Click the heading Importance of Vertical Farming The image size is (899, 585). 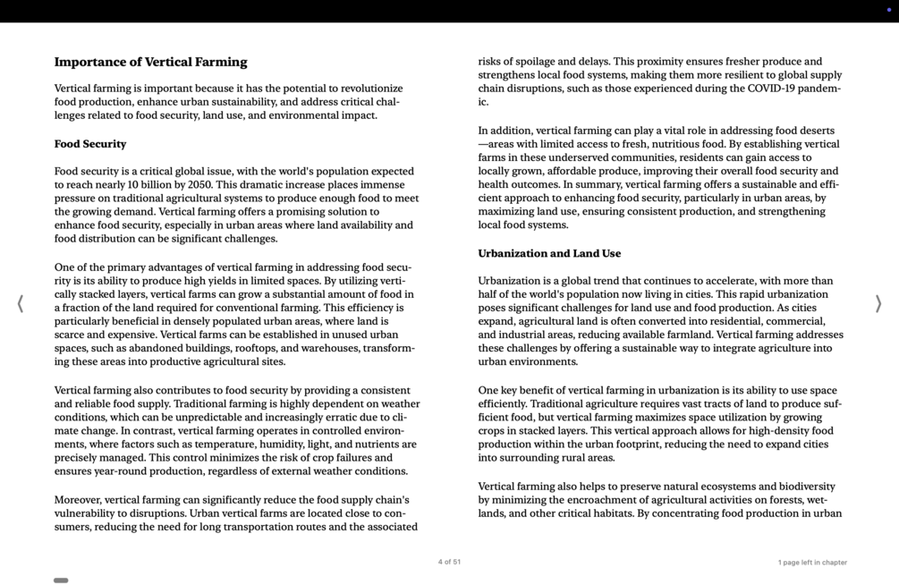click(x=150, y=63)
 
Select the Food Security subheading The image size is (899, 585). click(x=90, y=144)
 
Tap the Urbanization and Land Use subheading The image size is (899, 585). click(x=549, y=254)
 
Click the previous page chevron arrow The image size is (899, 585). click(x=20, y=304)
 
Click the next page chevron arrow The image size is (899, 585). click(x=878, y=304)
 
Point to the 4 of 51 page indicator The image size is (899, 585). click(x=449, y=563)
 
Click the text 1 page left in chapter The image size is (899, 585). click(x=812, y=563)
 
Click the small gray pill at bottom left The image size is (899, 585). click(x=61, y=581)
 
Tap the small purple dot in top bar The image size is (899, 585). click(x=888, y=10)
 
